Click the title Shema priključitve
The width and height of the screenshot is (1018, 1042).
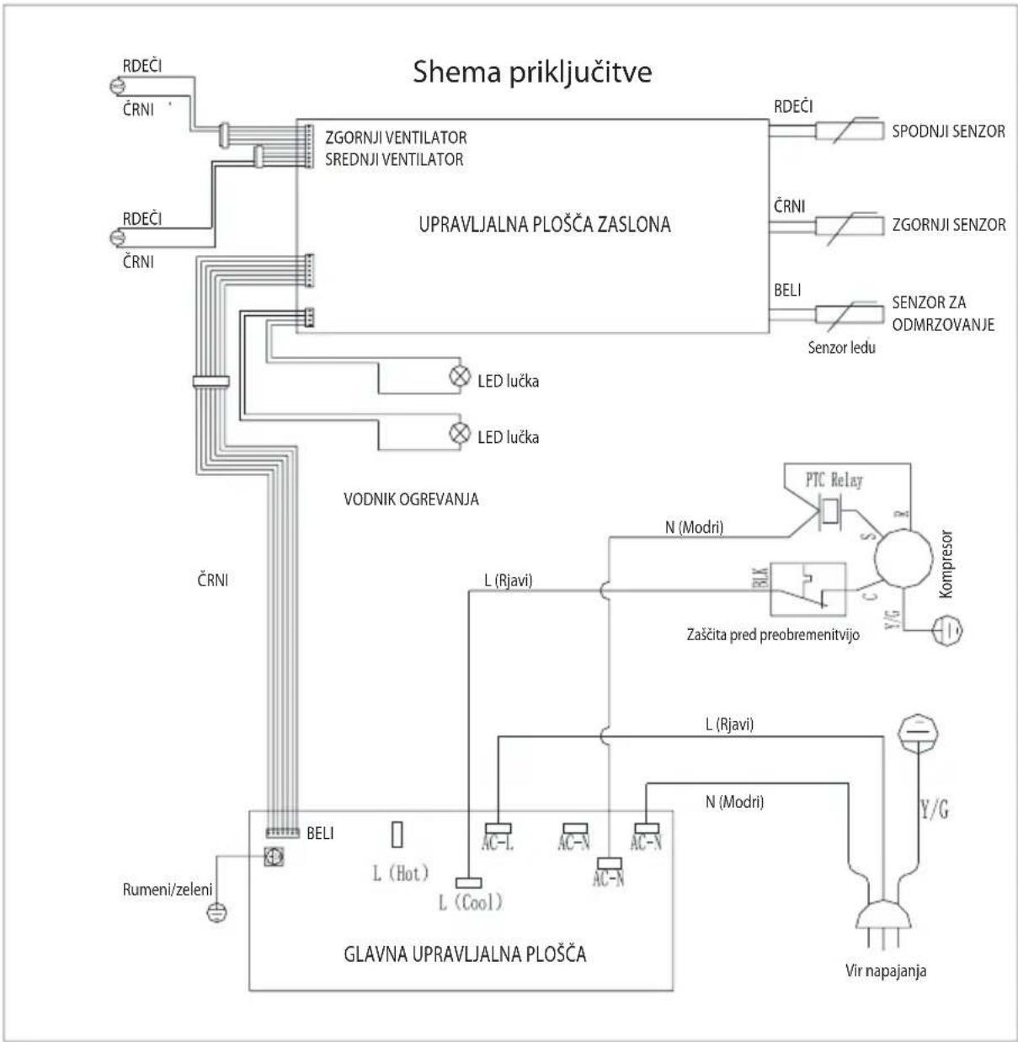(x=532, y=72)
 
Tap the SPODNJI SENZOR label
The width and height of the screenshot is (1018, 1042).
(x=948, y=131)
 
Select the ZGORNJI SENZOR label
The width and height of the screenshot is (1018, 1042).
(x=948, y=224)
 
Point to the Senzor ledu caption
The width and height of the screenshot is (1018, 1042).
(x=841, y=348)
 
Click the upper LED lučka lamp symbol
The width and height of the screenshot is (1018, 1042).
(x=459, y=377)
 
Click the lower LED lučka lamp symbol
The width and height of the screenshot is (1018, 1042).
(x=459, y=433)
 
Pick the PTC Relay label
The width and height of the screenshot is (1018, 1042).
(x=834, y=480)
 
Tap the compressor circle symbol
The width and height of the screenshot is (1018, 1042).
(x=903, y=558)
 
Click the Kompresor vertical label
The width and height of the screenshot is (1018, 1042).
(x=946, y=564)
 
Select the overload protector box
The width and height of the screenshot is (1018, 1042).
(x=808, y=589)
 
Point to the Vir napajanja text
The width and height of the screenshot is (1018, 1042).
(x=886, y=970)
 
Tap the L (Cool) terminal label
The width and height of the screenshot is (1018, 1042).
(x=471, y=902)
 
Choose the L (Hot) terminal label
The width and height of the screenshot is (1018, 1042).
(x=401, y=874)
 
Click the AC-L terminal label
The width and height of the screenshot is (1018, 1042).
(x=498, y=843)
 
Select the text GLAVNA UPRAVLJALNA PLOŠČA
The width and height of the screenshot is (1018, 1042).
(x=465, y=954)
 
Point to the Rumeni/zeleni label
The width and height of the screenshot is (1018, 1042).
(x=168, y=890)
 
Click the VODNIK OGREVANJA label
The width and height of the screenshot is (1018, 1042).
(x=411, y=499)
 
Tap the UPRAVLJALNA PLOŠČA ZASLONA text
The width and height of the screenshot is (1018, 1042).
(x=544, y=224)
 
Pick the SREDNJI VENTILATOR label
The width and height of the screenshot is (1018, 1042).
(x=394, y=159)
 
